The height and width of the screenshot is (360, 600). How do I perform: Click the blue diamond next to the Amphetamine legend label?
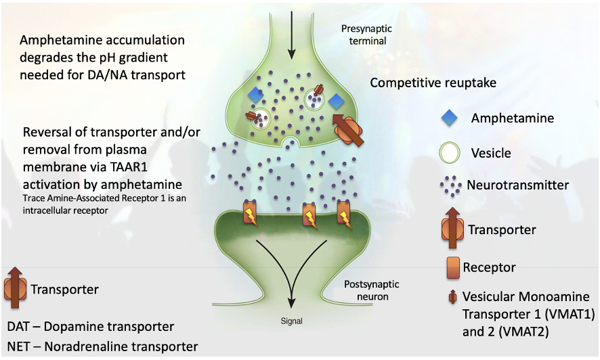pyautogui.click(x=449, y=118)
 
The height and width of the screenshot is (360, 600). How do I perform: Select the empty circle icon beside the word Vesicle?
pyautogui.click(x=449, y=152)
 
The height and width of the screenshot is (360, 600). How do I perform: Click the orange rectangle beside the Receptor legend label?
pyautogui.click(x=453, y=267)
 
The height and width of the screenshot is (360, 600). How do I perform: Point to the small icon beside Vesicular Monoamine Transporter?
pyautogui.click(x=452, y=296)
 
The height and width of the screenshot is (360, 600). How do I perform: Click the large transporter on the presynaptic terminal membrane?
pyautogui.click(x=348, y=129)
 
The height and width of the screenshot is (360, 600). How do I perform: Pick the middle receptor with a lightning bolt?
pyautogui.click(x=310, y=215)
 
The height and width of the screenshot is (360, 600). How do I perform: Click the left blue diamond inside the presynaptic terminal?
pyautogui.click(x=255, y=95)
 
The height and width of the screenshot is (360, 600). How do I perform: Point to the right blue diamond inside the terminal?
pyautogui.click(x=337, y=102)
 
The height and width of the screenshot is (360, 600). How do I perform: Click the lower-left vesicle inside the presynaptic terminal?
pyautogui.click(x=261, y=118)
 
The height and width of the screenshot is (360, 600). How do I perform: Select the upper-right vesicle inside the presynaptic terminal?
pyautogui.click(x=314, y=99)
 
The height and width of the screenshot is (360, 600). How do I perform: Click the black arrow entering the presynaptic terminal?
pyautogui.click(x=292, y=35)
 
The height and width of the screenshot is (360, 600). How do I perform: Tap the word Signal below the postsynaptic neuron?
pyautogui.click(x=292, y=321)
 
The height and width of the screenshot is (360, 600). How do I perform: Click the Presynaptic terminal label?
pyautogui.click(x=367, y=35)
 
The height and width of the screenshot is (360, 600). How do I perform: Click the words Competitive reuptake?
pyautogui.click(x=433, y=83)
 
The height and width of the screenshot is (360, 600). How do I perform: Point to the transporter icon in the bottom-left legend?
pyautogui.click(x=16, y=288)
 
